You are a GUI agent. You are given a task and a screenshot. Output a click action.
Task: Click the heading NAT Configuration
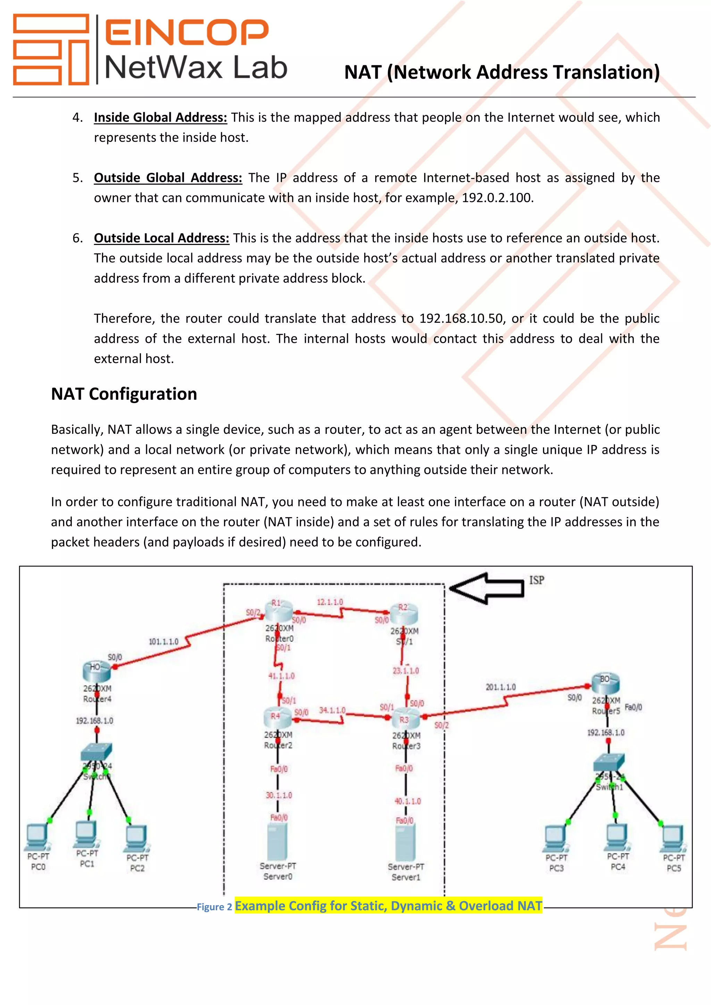124,394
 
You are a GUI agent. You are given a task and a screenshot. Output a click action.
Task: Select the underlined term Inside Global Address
160,117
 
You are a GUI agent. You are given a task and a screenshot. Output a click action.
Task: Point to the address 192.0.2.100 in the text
496,198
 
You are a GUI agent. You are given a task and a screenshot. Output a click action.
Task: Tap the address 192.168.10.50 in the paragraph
461,318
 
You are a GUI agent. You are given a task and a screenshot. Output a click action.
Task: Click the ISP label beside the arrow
536,581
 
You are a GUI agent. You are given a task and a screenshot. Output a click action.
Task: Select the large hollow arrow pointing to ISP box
487,588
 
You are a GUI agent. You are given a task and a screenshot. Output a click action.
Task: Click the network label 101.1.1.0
163,642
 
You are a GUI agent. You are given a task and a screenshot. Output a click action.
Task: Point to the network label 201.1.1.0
500,687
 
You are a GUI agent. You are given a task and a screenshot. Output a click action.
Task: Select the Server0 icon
278,841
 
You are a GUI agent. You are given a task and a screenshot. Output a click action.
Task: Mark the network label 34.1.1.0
332,710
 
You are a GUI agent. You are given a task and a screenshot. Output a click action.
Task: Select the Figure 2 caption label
214,906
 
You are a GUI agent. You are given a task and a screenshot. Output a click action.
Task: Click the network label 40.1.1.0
407,801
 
